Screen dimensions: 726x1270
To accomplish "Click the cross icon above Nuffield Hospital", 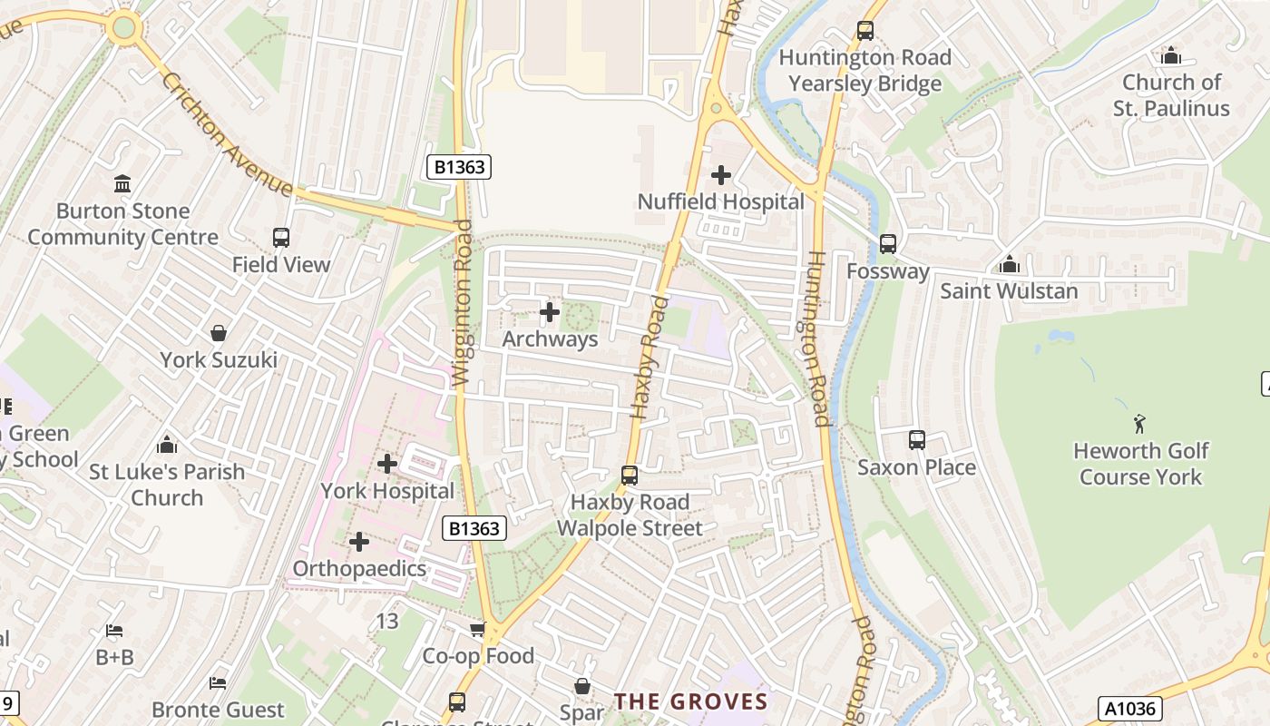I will coord(721,174).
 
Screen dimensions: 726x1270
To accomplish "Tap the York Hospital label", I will coord(387,491).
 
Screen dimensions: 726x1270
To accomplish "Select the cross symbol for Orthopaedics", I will coord(359,542).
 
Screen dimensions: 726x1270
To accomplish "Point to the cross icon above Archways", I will coord(550,313).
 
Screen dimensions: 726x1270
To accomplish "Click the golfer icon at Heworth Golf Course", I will coord(1139,423).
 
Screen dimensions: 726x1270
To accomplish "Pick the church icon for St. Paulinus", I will coord(1171,55).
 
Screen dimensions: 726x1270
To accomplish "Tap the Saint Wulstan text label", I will coord(1009,291).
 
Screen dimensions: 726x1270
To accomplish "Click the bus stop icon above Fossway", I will coord(887,244).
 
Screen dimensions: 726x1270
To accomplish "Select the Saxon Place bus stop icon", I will coord(917,440).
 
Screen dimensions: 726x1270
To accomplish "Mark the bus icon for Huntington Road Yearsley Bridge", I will coord(865,31).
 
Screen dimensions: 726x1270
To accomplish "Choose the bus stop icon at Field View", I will coord(281,238).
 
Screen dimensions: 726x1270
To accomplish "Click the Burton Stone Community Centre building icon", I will coord(122,184).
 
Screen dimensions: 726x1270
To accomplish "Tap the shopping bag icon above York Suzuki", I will coord(219,333).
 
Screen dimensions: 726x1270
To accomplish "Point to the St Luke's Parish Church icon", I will coord(167,445).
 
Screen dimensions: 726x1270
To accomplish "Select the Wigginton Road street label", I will coord(462,305).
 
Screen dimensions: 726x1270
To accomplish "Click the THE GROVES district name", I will coord(691,701).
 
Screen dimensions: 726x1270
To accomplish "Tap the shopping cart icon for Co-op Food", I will coord(478,629).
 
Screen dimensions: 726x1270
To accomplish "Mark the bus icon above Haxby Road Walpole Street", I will coord(629,476).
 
